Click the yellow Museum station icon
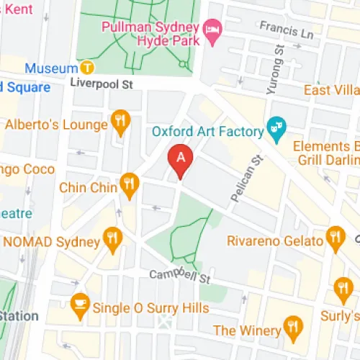pos(87,68)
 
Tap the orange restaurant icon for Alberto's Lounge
pos(120,123)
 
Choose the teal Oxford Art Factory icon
pos(274,131)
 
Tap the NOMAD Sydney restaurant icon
pos(112,241)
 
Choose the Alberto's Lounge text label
pos(56,124)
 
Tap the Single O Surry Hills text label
pos(151,308)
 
